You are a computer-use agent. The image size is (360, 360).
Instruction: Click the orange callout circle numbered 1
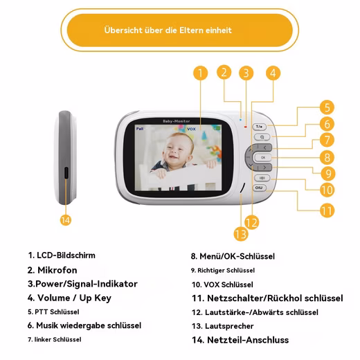(x=200, y=73)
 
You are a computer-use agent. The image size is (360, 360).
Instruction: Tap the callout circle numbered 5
(x=327, y=107)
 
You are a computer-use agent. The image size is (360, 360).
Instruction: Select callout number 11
(x=327, y=210)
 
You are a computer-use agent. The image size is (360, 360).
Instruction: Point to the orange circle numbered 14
(x=66, y=220)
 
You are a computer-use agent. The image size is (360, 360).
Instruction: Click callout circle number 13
(x=241, y=234)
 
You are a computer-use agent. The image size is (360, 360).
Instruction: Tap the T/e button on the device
(x=260, y=127)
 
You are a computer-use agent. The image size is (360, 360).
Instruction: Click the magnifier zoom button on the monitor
(x=262, y=137)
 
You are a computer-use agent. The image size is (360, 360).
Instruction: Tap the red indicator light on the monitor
(x=246, y=127)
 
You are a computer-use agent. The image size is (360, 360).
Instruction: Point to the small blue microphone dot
(x=240, y=120)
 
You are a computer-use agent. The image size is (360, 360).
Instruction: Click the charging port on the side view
(x=66, y=172)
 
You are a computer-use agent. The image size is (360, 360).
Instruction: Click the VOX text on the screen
(x=191, y=129)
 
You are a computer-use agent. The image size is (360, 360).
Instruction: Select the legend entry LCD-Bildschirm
(x=66, y=255)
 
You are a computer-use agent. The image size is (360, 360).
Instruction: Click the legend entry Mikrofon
(x=57, y=270)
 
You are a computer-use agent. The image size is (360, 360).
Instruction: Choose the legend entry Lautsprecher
(x=229, y=326)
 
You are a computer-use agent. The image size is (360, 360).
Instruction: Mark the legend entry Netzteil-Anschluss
(x=248, y=340)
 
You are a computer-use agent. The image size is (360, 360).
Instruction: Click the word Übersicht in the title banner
(x=123, y=30)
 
